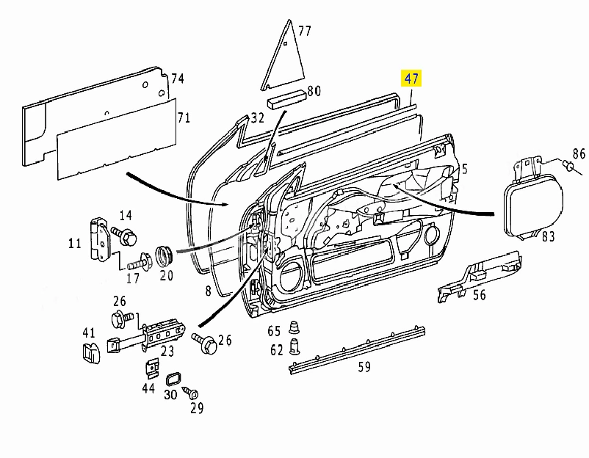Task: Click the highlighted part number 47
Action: [x=411, y=79]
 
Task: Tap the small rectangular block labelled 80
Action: [x=286, y=99]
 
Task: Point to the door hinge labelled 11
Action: [x=100, y=239]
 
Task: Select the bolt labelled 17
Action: [x=140, y=262]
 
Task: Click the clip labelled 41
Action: [x=91, y=352]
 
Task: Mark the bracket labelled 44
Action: [x=152, y=368]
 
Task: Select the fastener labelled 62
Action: [x=295, y=346]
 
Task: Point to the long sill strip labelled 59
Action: [x=357, y=349]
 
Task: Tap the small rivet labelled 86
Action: [x=568, y=166]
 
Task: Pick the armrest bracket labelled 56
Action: [x=480, y=276]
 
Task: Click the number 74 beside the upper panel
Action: [x=177, y=79]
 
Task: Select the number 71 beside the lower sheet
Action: [x=184, y=117]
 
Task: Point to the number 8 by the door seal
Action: [x=208, y=291]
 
